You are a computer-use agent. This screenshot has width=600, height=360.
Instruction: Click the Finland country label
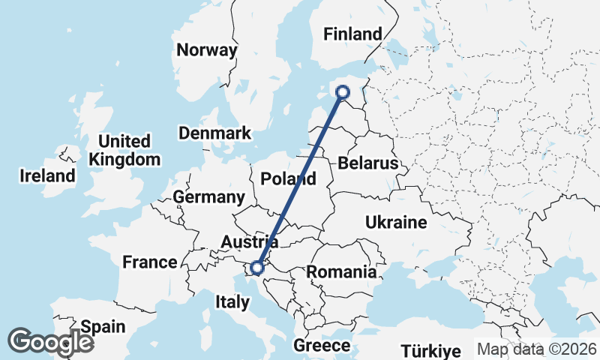tap(352, 34)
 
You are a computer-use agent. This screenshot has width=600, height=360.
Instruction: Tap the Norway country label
tap(206, 51)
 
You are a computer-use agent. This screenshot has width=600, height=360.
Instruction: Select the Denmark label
tap(214, 133)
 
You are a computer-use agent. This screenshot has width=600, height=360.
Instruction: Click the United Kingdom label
tap(124, 150)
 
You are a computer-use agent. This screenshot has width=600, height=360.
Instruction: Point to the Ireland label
tap(47, 176)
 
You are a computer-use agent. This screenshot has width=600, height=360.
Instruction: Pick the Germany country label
tap(208, 197)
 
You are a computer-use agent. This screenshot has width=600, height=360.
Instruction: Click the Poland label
tap(288, 179)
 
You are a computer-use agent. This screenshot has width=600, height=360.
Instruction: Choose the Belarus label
tap(367, 163)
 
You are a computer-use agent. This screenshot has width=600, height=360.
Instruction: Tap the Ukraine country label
tap(396, 222)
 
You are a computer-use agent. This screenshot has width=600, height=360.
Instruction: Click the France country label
tap(149, 262)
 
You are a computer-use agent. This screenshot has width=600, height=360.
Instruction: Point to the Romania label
tap(341, 271)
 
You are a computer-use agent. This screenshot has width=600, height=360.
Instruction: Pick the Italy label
tap(232, 302)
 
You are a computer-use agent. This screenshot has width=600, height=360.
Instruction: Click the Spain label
tap(103, 327)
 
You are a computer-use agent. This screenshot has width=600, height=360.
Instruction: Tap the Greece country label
tap(322, 345)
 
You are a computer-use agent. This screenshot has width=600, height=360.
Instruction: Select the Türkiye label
tap(430, 350)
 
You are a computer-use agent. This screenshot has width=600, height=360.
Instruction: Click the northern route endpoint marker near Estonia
tap(343, 92)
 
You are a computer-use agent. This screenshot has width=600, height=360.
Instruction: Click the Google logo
tap(50, 341)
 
